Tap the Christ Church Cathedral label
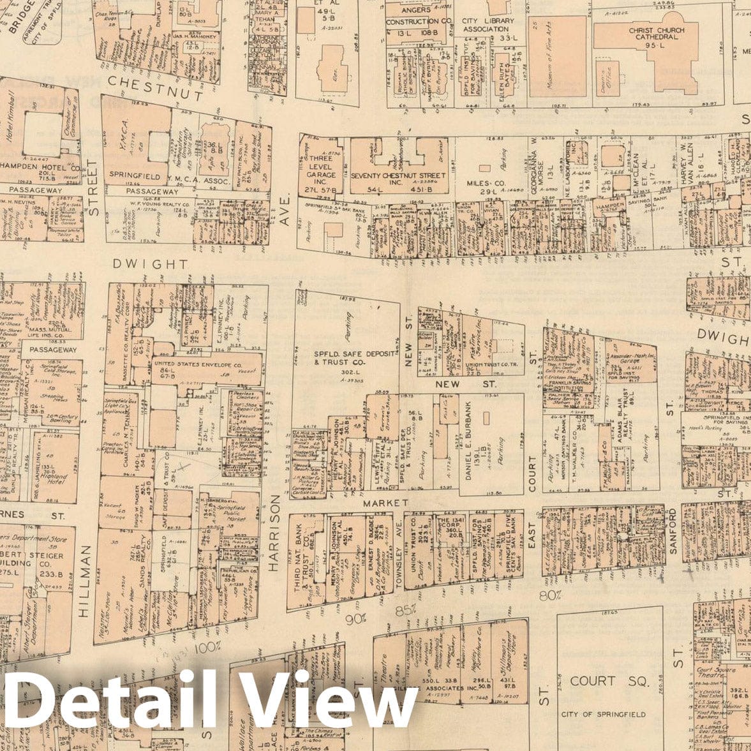(x=656, y=34)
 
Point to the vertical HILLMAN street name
(x=86, y=581)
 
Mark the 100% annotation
(x=207, y=646)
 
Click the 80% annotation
(x=549, y=595)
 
